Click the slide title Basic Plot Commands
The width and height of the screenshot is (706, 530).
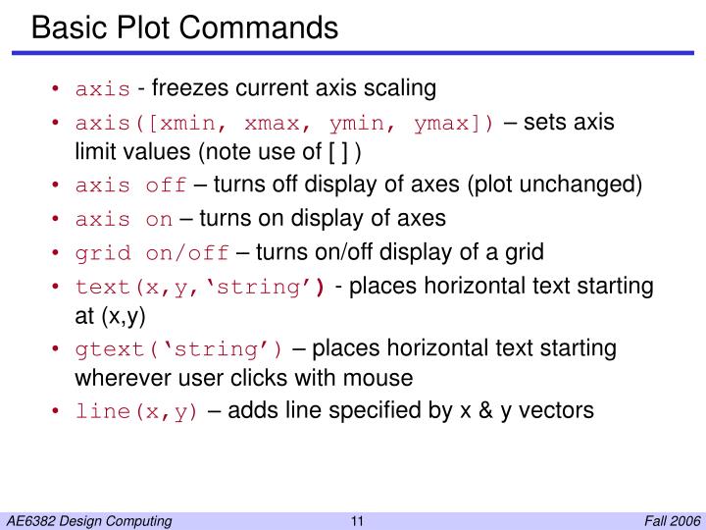(184, 26)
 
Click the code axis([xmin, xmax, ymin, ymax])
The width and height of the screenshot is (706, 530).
(286, 124)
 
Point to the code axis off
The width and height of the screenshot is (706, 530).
(130, 186)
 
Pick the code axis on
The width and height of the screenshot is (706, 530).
(124, 219)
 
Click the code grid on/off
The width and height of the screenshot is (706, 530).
(152, 252)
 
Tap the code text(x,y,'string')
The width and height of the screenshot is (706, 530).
(201, 288)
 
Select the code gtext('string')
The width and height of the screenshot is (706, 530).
(179, 349)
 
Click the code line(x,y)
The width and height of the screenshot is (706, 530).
(138, 412)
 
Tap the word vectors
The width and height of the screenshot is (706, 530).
(558, 411)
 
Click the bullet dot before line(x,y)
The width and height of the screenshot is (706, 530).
(60, 412)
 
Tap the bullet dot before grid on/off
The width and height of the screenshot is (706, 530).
(60, 253)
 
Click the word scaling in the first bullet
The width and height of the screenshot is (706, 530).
(400, 89)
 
